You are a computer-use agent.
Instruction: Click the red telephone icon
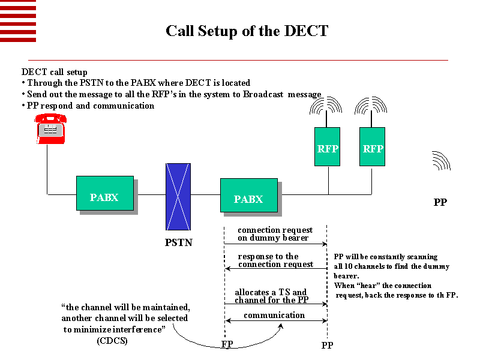click(50, 128)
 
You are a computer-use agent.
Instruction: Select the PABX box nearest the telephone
click(105, 193)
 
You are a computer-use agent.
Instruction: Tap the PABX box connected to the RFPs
click(249, 196)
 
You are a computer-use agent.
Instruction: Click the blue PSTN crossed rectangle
click(178, 197)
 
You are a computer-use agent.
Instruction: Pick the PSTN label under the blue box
click(178, 242)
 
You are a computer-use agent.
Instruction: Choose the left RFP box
click(327, 146)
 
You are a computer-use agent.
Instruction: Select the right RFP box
click(372, 146)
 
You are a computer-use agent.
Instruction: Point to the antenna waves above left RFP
click(326, 105)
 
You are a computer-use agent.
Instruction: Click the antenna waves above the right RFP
click(371, 105)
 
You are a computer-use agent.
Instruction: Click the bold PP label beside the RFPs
click(440, 202)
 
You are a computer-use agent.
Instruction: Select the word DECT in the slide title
click(306, 31)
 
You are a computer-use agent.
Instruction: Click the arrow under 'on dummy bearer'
click(275, 244)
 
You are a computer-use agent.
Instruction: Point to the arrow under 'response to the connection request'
click(276, 269)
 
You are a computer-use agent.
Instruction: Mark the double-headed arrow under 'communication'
click(276, 321)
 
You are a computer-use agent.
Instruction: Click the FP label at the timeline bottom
click(227, 344)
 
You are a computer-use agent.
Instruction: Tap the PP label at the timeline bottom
click(327, 346)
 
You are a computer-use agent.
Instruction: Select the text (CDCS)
click(112, 341)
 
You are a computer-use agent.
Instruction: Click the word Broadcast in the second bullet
click(263, 94)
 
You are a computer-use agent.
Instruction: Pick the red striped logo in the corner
click(18, 21)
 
